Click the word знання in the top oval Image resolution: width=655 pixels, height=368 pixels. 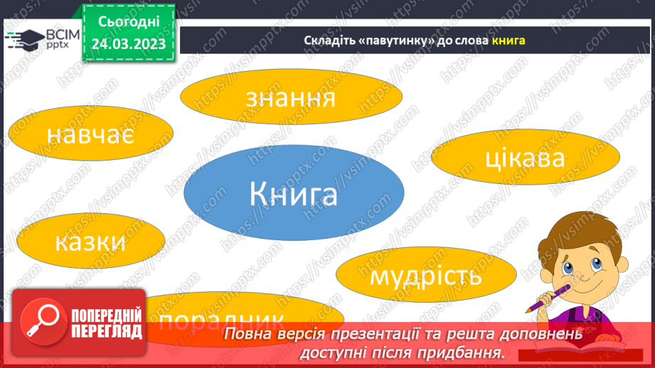coord(289,99)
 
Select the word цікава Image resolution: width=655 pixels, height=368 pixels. coord(525,157)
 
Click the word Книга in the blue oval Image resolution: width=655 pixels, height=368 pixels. coord(293,194)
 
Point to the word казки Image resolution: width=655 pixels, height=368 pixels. coord(90,242)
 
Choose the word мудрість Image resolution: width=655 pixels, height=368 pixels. coord(426,275)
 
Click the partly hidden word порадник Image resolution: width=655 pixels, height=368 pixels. coord(222,319)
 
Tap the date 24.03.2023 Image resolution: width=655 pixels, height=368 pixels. coord(129,43)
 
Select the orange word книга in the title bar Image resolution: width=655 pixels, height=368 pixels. coord(508,40)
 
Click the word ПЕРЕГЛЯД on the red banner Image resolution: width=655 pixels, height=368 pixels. coord(107,332)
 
